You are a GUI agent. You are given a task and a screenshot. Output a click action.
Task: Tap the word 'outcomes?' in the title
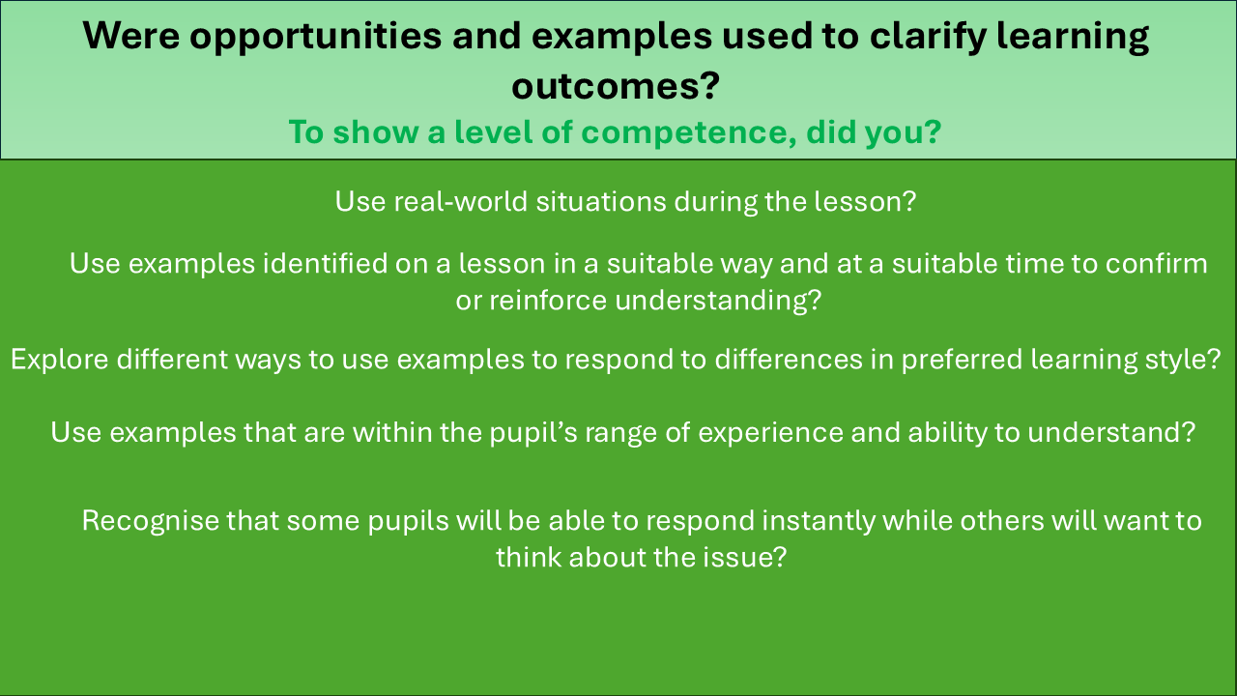616,87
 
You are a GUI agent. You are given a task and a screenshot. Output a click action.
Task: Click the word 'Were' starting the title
131,36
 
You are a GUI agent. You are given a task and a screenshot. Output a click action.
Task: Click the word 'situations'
601,201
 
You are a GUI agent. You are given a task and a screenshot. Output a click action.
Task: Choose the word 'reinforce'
548,301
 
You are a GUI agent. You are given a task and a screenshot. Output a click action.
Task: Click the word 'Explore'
60,360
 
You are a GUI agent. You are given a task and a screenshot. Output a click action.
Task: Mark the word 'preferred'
963,360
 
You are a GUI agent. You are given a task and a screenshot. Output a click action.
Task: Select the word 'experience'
771,433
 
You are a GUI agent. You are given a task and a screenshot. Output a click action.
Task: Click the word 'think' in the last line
529,557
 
